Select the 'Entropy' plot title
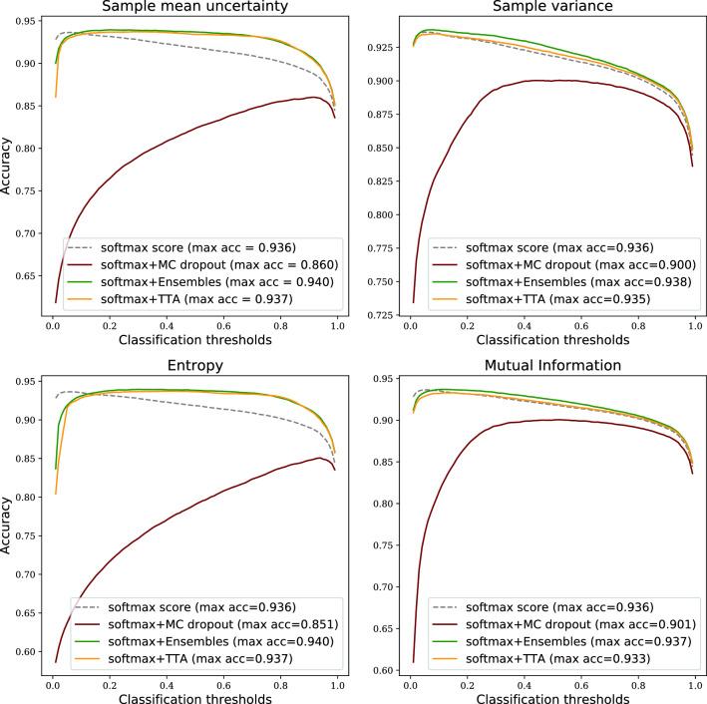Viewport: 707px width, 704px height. pos(195,366)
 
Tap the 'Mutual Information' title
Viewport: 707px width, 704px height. pos(553,366)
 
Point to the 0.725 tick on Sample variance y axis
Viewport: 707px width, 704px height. pos(382,315)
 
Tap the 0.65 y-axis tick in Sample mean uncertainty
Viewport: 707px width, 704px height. pos(27,275)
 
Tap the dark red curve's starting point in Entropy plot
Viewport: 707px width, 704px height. pos(55,661)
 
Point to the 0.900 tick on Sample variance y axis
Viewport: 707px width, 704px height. pos(382,81)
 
